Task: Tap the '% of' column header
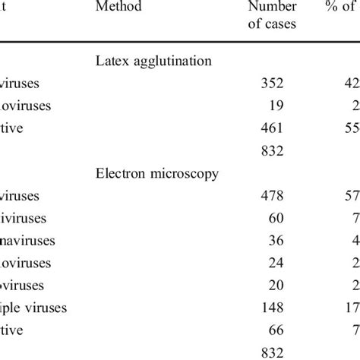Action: (341, 8)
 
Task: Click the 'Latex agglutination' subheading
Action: (153, 61)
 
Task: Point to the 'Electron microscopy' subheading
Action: (157, 173)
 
